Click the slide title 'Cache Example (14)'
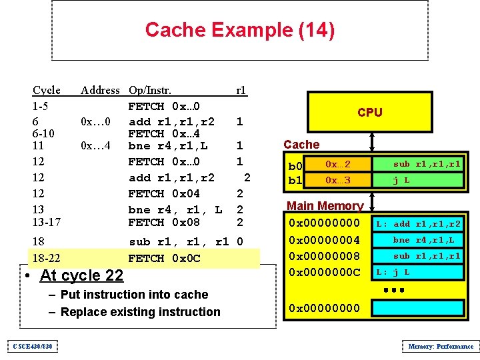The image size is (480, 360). coord(239,30)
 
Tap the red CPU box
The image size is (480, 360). coord(369,112)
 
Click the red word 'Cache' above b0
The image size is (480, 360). coord(301,144)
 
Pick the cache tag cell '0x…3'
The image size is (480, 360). coord(337,180)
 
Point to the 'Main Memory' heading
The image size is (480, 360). coord(325,206)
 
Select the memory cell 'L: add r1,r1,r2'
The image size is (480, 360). coord(418,224)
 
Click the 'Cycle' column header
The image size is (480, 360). coord(47,90)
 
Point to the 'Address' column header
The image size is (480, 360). coord(100,90)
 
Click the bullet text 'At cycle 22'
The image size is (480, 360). coord(81,275)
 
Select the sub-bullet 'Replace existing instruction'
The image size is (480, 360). coord(140,311)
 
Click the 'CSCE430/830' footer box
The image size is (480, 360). coord(33,346)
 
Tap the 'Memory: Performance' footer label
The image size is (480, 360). coord(440,346)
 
